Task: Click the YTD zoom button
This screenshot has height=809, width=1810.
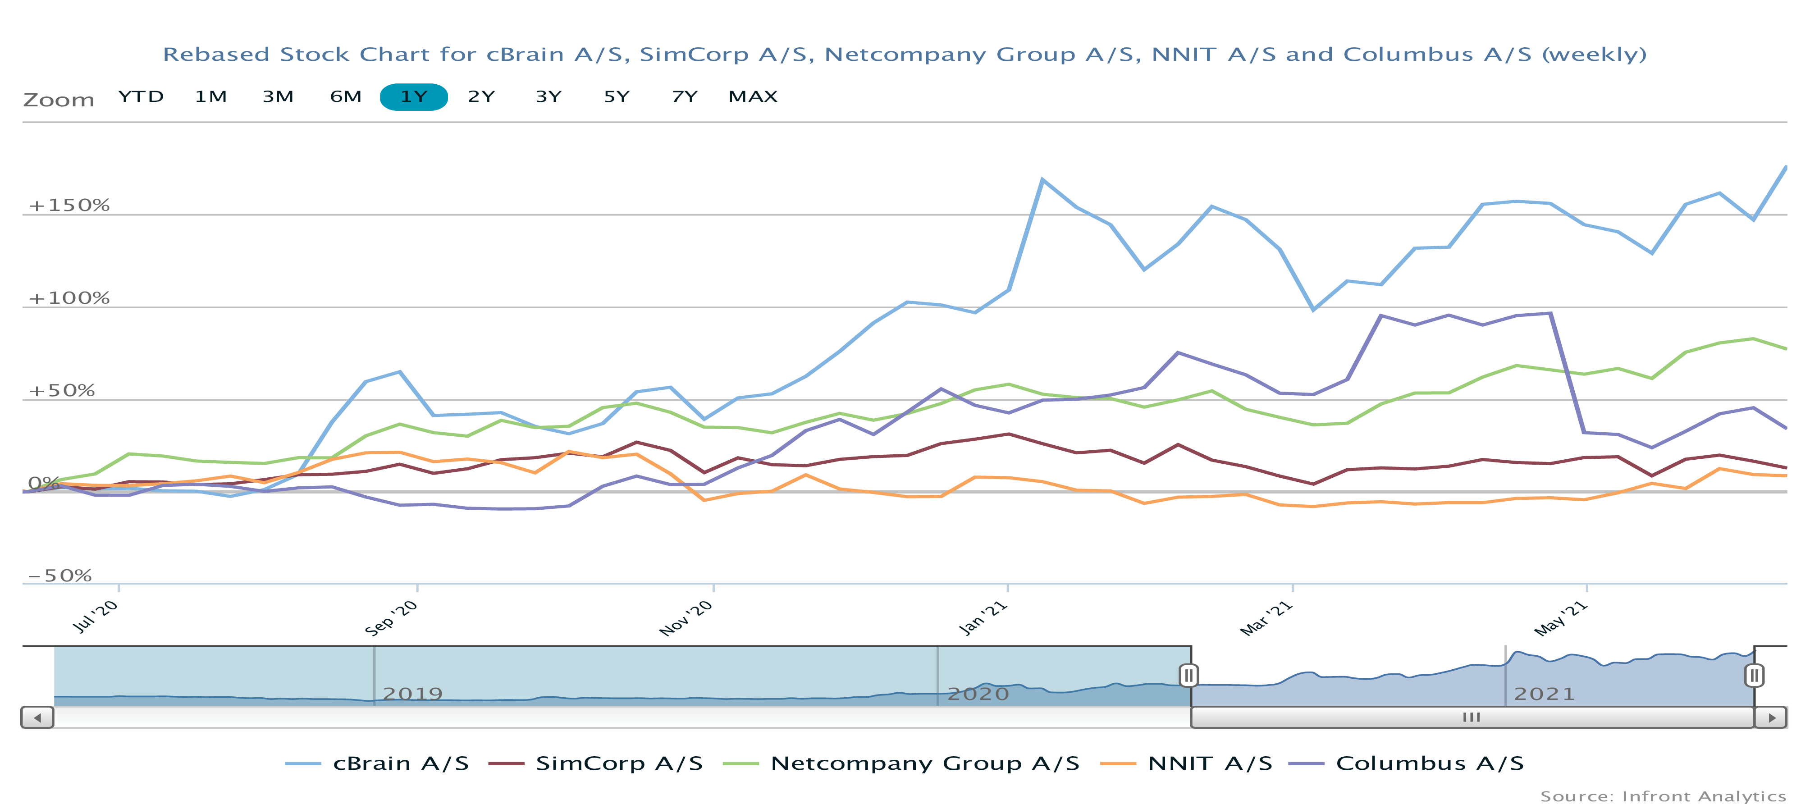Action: coord(141,96)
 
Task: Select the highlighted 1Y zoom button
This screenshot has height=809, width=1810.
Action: coord(413,96)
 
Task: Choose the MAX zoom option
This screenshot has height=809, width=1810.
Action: coord(753,96)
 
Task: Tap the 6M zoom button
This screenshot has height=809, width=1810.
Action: coord(346,96)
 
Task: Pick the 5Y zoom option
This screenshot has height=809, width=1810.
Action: coord(616,96)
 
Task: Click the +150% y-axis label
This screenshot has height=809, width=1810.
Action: coord(69,205)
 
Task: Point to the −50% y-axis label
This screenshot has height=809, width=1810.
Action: coord(60,576)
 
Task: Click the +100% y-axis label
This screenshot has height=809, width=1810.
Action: coord(69,298)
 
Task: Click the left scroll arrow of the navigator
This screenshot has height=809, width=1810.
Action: coord(37,718)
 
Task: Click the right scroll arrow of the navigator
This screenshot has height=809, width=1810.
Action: coord(1771,718)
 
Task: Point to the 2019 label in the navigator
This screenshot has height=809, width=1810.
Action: coord(412,694)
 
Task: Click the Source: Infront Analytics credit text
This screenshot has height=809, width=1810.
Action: coord(1663,796)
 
